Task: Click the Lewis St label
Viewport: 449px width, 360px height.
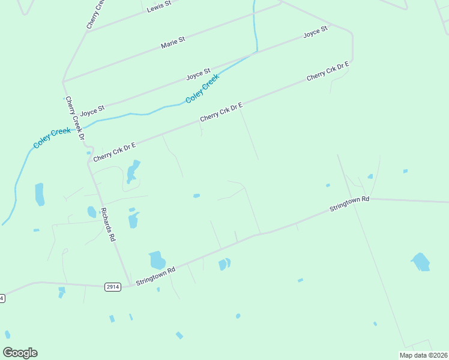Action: click(159, 6)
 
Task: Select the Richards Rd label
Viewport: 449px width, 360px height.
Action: click(108, 224)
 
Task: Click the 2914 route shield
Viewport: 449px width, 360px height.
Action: click(112, 287)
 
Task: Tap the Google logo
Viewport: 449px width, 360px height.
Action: click(20, 353)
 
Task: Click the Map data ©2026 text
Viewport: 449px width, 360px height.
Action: click(423, 355)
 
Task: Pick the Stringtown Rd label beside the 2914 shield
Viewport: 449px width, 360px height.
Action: click(155, 276)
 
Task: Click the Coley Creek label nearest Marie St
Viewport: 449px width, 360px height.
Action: click(202, 89)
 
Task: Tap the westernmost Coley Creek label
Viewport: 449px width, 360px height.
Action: click(52, 139)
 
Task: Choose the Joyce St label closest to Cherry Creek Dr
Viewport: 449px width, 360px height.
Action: click(92, 111)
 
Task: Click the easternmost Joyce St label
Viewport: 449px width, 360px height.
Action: click(315, 32)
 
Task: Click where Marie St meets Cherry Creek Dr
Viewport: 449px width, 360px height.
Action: click(63, 82)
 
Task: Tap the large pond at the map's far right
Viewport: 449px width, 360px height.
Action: click(421, 262)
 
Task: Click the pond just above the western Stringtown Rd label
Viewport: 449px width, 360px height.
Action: click(157, 260)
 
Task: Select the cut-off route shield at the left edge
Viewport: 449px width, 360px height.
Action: click(2, 298)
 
